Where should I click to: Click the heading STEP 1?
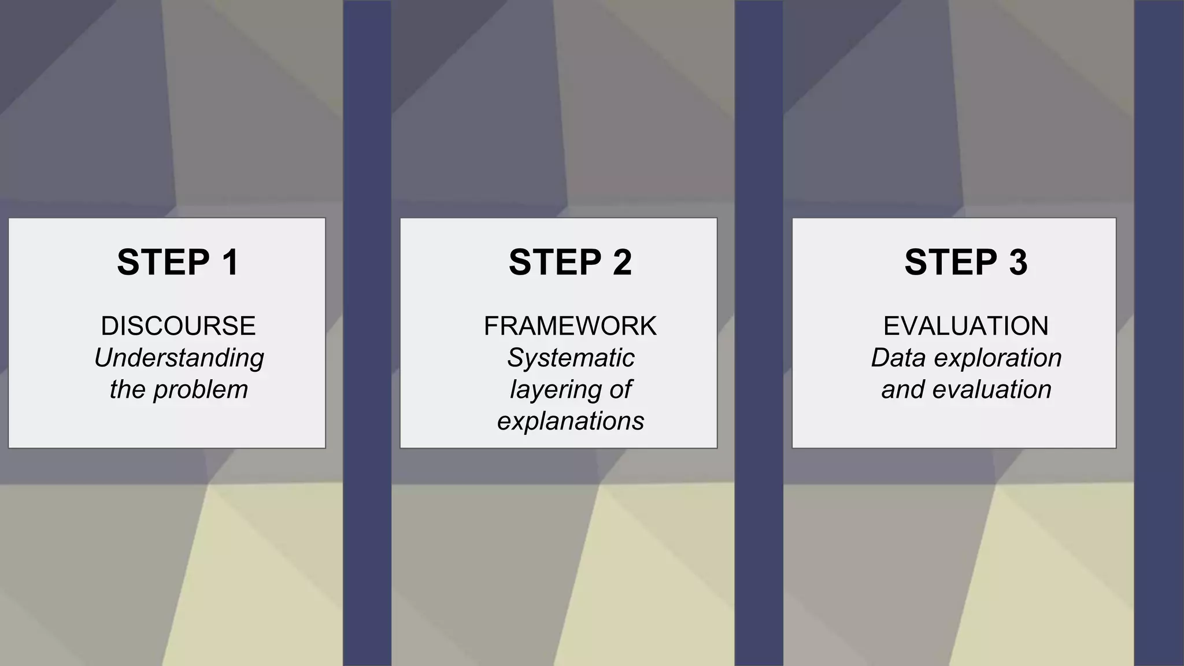177,262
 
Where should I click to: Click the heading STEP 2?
570,262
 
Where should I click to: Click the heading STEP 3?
965,262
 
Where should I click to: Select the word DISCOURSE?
178,326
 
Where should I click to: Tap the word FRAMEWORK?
570,326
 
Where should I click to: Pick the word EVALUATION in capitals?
965,326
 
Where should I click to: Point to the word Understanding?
179,358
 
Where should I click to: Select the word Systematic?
571,358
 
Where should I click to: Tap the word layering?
554,390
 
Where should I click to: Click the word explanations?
571,421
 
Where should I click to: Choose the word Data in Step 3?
898,358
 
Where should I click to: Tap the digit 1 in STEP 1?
230,262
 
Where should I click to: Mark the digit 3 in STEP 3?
1018,262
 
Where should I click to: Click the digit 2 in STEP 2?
622,262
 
